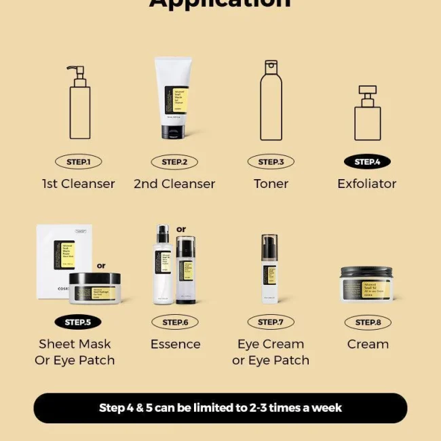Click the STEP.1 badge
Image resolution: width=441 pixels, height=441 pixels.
pos(78,162)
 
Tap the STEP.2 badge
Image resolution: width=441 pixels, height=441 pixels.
pos(174,162)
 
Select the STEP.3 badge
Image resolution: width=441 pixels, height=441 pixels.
pos(271,162)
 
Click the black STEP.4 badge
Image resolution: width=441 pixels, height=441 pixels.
pos(367,162)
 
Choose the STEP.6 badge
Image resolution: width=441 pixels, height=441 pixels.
pos(175,322)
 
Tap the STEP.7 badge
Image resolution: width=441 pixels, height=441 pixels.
pos(271,322)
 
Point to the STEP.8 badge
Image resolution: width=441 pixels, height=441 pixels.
pos(368,322)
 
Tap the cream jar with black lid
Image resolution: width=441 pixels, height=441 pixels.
pos(366,284)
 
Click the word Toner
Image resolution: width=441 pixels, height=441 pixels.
pos(271,184)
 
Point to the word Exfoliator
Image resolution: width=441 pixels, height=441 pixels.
pos(367,184)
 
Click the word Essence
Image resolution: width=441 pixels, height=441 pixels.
pos(175,344)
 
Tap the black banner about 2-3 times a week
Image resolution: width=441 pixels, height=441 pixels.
pos(220,408)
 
